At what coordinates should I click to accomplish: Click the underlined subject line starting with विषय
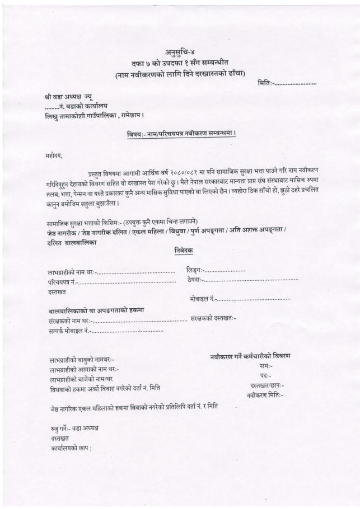click(x=180, y=134)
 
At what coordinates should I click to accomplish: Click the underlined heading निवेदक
click(x=183, y=252)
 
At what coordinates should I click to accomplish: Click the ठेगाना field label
click(x=196, y=279)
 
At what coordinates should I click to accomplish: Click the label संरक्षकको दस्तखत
click(x=213, y=319)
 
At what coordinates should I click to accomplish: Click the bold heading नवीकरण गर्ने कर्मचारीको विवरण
click(x=250, y=356)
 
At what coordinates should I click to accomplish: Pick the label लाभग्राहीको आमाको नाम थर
click(x=84, y=370)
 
